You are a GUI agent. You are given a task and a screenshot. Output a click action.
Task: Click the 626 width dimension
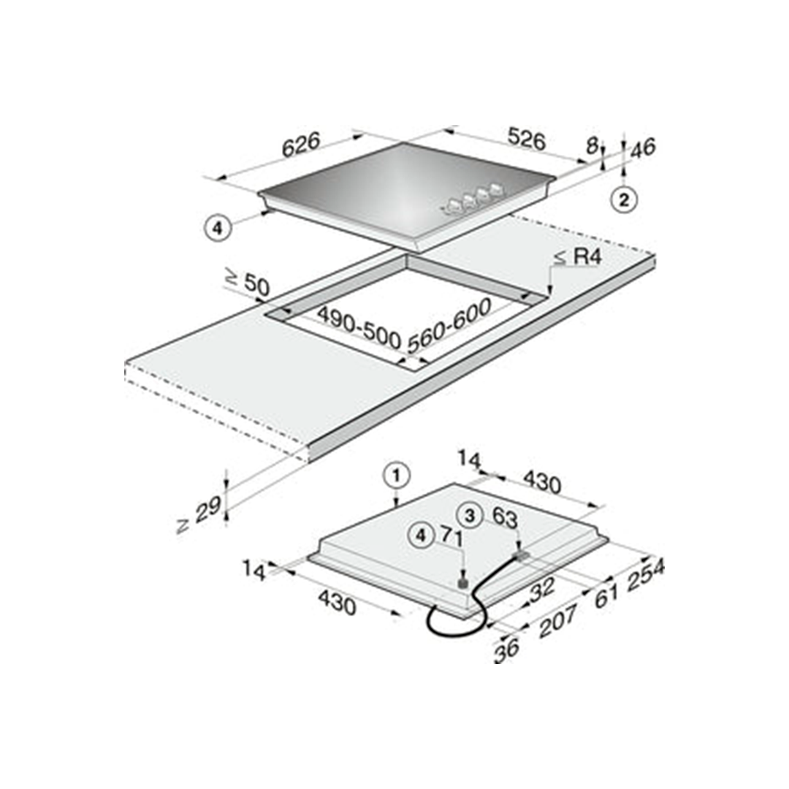coord(301,145)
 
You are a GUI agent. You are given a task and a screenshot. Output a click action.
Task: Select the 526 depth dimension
coord(526,139)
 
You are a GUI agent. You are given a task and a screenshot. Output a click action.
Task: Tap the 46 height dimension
coord(643,148)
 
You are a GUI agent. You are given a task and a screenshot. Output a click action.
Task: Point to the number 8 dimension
coord(592,146)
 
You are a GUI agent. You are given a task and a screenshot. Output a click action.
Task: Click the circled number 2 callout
coord(624,199)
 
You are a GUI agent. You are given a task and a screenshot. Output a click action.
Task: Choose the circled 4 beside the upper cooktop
coord(218,229)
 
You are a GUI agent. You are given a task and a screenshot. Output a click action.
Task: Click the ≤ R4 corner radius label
coord(578,257)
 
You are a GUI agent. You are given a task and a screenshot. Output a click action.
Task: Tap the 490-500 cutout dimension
coord(359,327)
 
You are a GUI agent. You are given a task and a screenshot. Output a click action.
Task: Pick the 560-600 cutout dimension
coord(449,326)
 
